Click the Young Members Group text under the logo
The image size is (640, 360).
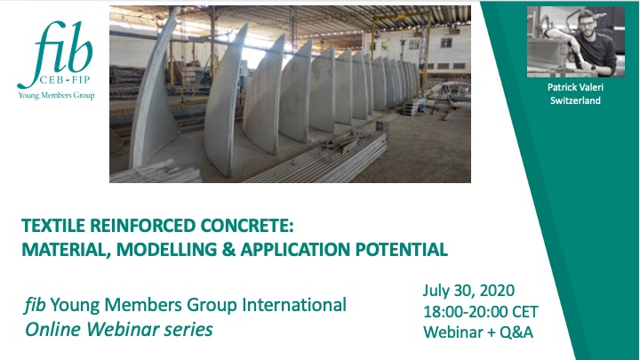tap(56, 95)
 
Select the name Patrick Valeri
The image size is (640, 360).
tap(575, 87)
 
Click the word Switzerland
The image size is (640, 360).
tap(575, 100)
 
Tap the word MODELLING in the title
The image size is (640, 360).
tap(166, 250)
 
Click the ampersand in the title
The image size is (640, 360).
tap(228, 250)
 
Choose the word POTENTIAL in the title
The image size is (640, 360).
tap(402, 250)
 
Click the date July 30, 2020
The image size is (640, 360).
tap(468, 291)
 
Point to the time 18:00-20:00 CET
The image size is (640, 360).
tap(480, 312)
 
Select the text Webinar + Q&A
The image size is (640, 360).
tap(478, 332)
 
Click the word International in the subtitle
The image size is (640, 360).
tap(294, 305)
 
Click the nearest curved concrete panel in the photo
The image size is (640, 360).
tap(152, 94)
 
